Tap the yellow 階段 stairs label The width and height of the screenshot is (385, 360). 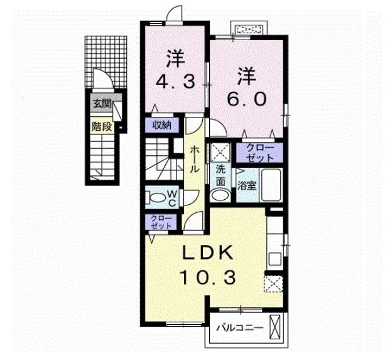[101, 126]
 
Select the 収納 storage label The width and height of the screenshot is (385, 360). [162, 124]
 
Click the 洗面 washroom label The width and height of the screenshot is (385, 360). [220, 175]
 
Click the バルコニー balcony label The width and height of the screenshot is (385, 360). [236, 328]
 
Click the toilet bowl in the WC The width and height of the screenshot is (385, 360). [154, 197]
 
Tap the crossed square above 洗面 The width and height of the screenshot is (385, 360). [220, 152]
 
